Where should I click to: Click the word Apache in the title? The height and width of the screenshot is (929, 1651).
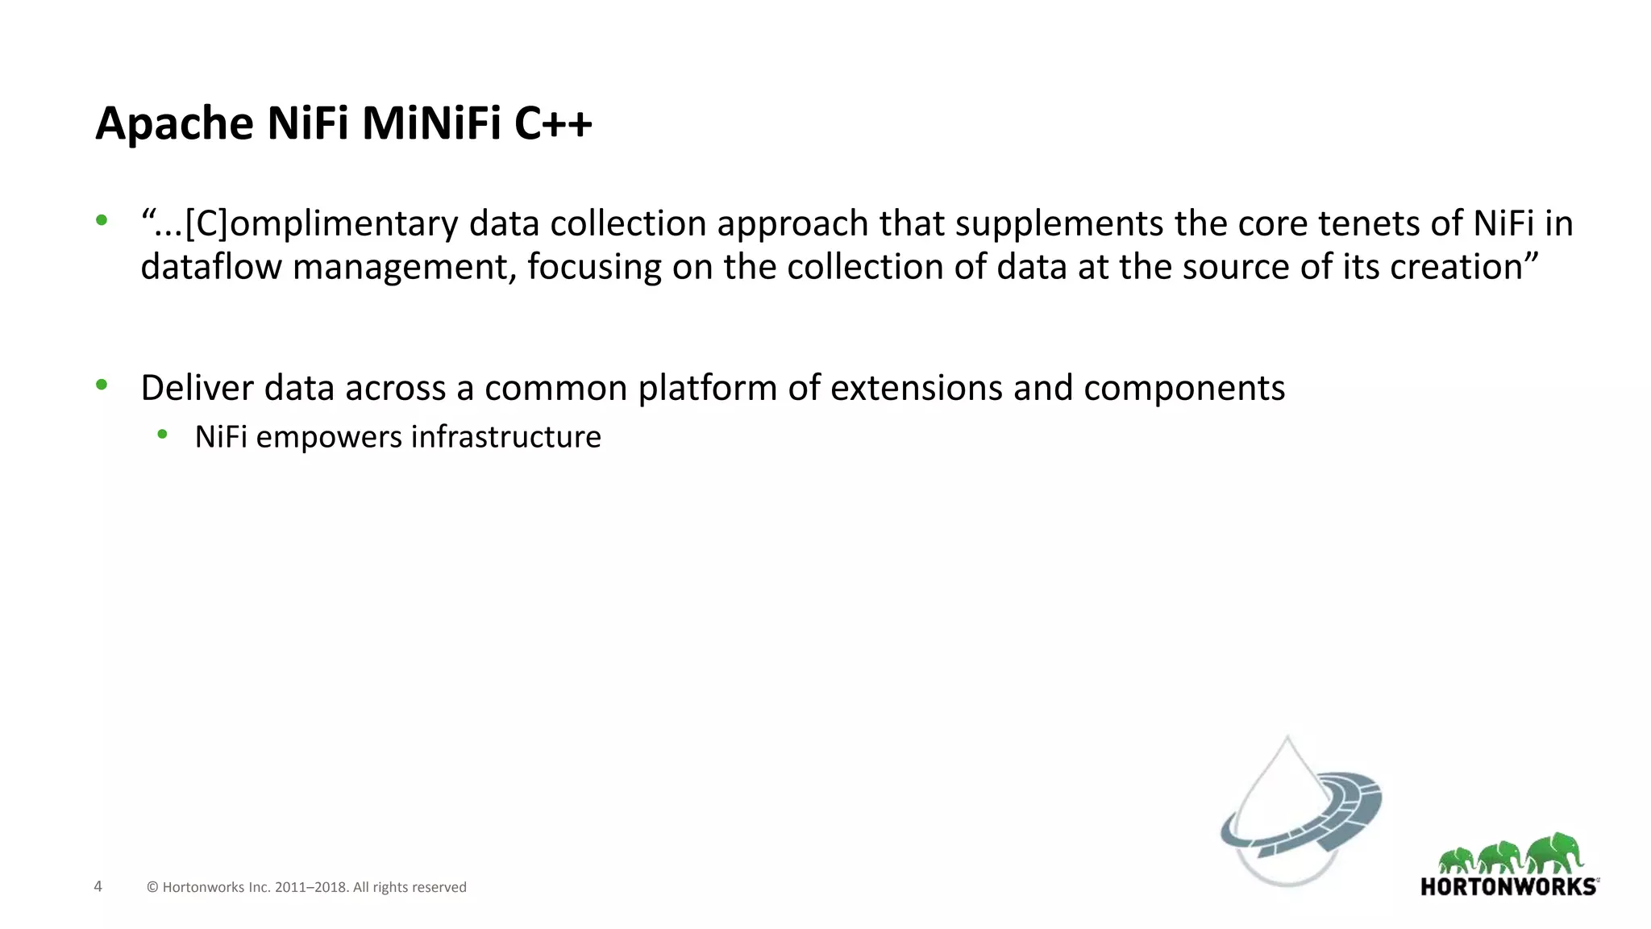175,125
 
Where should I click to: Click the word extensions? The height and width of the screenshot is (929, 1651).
917,388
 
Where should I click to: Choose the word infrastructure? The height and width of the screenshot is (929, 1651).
506,437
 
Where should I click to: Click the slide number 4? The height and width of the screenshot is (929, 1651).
98,886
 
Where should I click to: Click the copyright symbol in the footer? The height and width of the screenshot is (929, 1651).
152,887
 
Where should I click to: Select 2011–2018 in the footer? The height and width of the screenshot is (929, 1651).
310,887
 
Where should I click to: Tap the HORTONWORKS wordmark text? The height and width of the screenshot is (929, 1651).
1508,887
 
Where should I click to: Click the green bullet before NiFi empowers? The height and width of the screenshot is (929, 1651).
162,435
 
